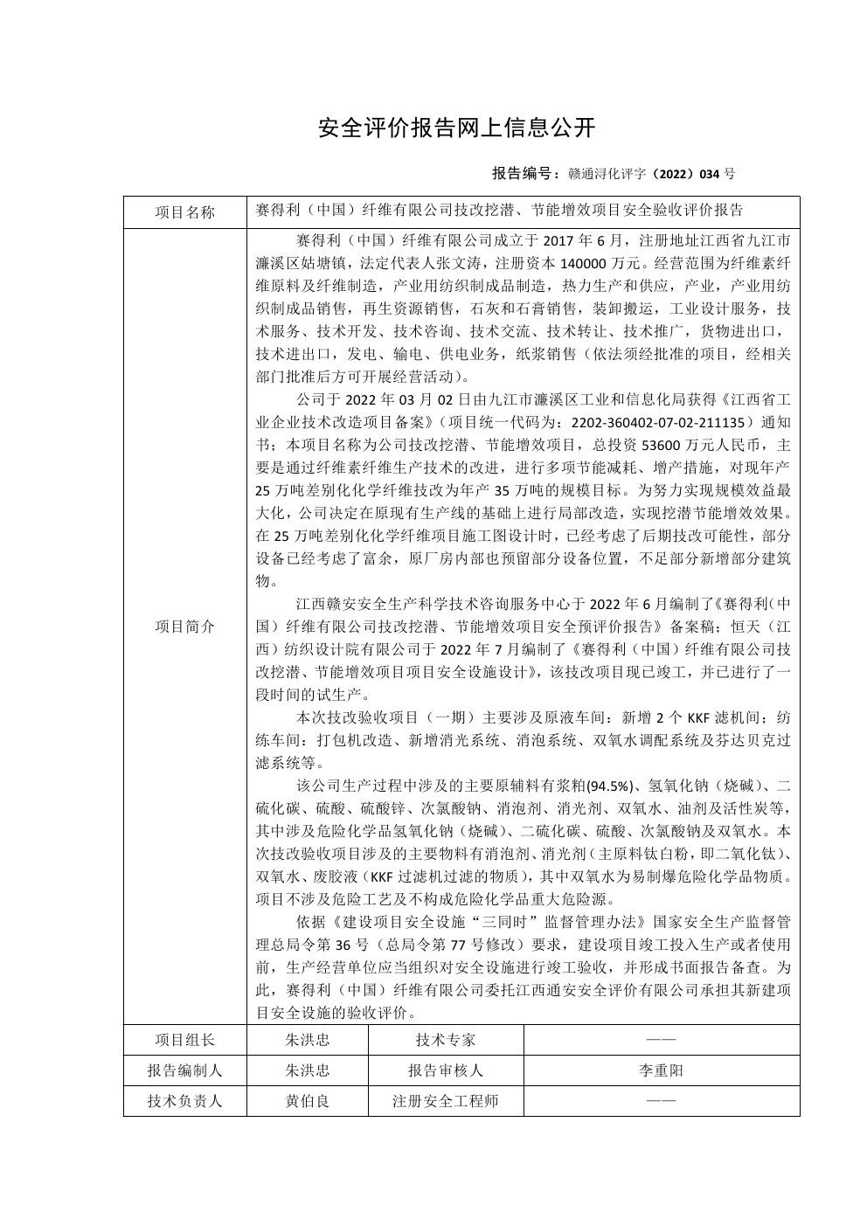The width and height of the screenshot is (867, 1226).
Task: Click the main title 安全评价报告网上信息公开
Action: (456, 128)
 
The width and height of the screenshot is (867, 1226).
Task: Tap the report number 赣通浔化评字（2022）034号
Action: (651, 174)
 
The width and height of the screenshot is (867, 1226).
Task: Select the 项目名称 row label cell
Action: (184, 211)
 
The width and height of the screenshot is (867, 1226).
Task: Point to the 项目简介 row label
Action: (184, 627)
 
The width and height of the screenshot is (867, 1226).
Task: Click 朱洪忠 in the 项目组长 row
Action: (308, 1040)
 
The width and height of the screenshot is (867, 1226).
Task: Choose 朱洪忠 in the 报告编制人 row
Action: (308, 1070)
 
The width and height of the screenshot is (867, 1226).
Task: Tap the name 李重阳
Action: (661, 1070)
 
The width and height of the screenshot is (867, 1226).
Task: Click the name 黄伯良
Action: (308, 1101)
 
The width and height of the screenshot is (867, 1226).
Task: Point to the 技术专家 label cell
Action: (446, 1040)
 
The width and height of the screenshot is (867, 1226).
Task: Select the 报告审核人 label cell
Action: (446, 1070)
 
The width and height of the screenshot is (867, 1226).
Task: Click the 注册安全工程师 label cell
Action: (446, 1101)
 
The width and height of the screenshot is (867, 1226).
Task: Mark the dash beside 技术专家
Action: (661, 1040)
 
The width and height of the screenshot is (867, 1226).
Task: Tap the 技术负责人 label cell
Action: (184, 1101)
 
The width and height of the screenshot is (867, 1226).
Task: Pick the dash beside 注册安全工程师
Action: (661, 1101)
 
